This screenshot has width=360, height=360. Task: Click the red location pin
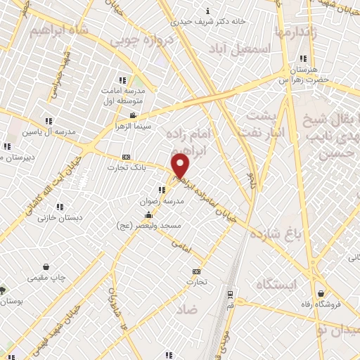181,166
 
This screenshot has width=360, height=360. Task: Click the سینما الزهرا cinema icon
133,116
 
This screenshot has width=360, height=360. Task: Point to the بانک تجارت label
126,167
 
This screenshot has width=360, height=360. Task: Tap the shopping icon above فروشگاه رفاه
321,294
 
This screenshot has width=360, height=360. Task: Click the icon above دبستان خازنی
61,207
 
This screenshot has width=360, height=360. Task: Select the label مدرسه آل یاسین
47,131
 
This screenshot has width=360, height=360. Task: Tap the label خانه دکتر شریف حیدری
211,21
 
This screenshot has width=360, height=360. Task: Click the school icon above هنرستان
303,58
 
